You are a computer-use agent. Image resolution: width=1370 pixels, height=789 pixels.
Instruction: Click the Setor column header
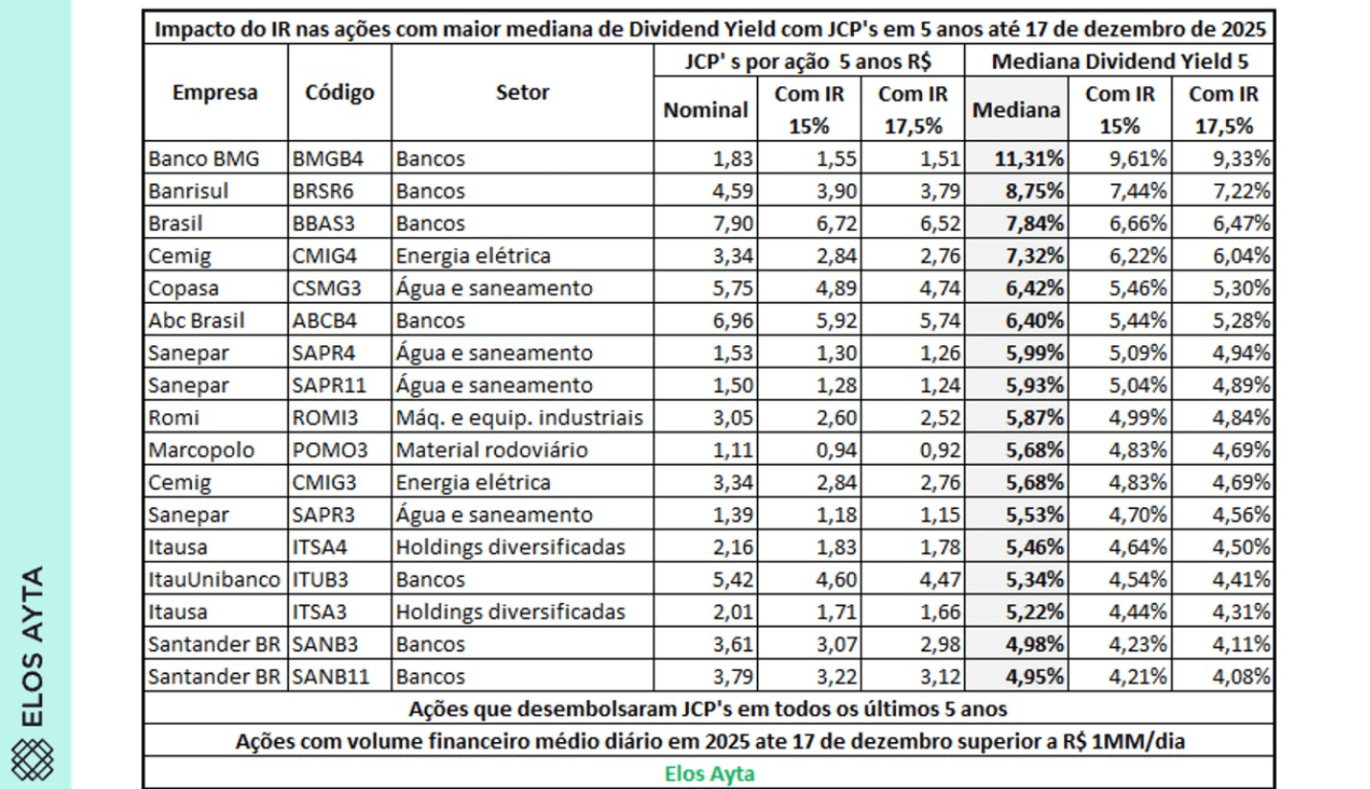tap(523, 93)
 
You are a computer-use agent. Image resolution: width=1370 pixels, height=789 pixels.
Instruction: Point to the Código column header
tap(340, 93)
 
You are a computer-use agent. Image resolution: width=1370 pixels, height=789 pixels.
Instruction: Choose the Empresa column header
tap(215, 93)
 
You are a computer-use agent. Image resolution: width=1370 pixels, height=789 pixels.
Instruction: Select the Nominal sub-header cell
tap(706, 110)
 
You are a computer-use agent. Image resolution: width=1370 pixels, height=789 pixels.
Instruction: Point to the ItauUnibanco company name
tap(215, 580)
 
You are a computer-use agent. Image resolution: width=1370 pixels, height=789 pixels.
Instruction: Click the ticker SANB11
tap(325, 678)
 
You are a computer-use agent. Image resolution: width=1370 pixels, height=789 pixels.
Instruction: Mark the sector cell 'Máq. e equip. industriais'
tap(517, 418)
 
